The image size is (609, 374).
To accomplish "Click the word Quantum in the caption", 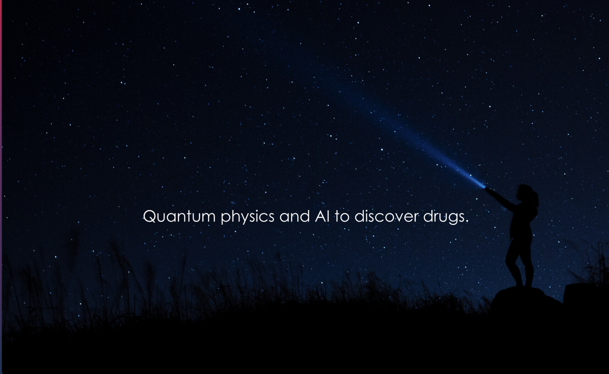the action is (179, 216).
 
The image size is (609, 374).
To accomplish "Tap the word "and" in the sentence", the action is (295, 216).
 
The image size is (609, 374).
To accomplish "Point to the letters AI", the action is (322, 216).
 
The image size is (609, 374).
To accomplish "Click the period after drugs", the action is (467, 221).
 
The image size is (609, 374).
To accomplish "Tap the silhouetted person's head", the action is (525, 193).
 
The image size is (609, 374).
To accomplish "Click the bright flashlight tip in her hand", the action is (483, 186).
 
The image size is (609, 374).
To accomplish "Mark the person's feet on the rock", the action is (524, 285).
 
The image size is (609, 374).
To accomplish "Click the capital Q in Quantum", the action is (150, 216).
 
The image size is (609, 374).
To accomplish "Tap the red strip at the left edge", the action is (1, 106).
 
